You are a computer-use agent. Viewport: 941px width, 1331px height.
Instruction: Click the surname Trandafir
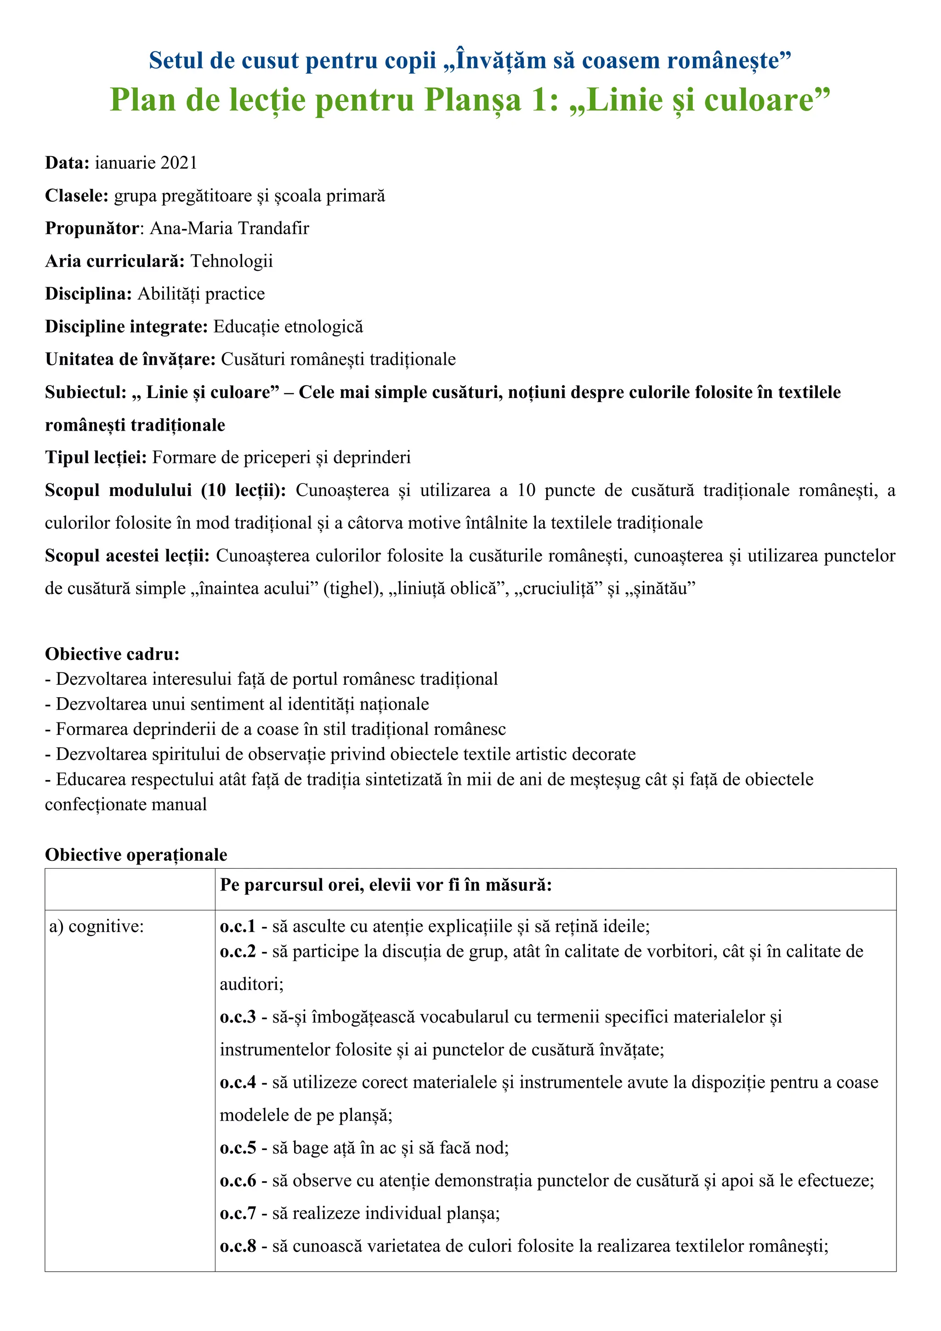point(273,228)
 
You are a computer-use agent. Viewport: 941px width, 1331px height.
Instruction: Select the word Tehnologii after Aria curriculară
point(232,262)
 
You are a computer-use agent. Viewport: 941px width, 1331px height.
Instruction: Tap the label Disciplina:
point(89,294)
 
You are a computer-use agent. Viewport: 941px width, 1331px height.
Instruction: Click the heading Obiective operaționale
point(136,855)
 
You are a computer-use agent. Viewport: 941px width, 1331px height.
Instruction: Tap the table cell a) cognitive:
point(96,927)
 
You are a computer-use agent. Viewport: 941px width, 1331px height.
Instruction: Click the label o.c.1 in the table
point(238,927)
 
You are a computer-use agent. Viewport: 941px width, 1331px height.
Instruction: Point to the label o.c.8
point(238,1246)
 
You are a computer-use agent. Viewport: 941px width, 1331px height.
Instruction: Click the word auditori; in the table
point(251,984)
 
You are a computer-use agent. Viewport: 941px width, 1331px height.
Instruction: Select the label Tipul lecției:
point(96,458)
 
